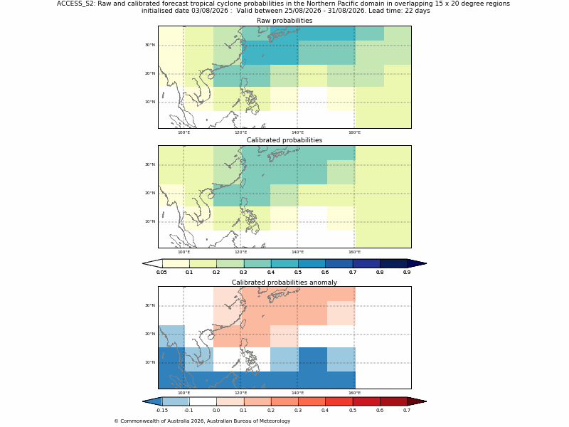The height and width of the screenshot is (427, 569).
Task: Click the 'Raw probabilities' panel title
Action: point(284,21)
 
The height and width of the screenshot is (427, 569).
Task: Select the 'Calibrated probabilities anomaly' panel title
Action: point(284,283)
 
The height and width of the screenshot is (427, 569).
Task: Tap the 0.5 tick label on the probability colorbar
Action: point(298,273)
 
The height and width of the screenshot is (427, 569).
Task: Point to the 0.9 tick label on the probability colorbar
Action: point(407,273)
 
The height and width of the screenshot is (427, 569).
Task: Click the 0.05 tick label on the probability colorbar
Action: point(162,273)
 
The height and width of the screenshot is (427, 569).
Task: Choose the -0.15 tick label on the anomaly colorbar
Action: point(162,411)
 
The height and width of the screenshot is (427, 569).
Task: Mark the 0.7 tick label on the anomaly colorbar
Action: point(407,411)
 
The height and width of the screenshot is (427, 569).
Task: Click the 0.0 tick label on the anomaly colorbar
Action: point(216,411)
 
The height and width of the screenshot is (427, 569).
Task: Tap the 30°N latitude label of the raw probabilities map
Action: point(150,45)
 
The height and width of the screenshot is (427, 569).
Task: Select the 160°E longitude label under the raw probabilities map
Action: point(354,132)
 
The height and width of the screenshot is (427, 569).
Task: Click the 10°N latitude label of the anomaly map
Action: point(150,362)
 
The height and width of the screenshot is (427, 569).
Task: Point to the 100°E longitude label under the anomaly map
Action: point(184,393)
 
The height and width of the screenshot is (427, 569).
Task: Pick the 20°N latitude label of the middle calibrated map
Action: point(150,193)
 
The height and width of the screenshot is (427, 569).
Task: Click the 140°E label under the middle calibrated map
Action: point(297,252)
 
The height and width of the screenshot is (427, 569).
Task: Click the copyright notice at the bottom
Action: point(202,421)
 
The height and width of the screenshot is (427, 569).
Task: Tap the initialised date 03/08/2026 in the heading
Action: point(210,11)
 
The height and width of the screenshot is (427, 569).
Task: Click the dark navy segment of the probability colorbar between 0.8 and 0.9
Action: point(393,263)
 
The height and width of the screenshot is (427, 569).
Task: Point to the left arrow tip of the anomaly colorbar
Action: point(143,401)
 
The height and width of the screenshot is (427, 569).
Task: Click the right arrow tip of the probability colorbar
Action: point(426,263)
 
